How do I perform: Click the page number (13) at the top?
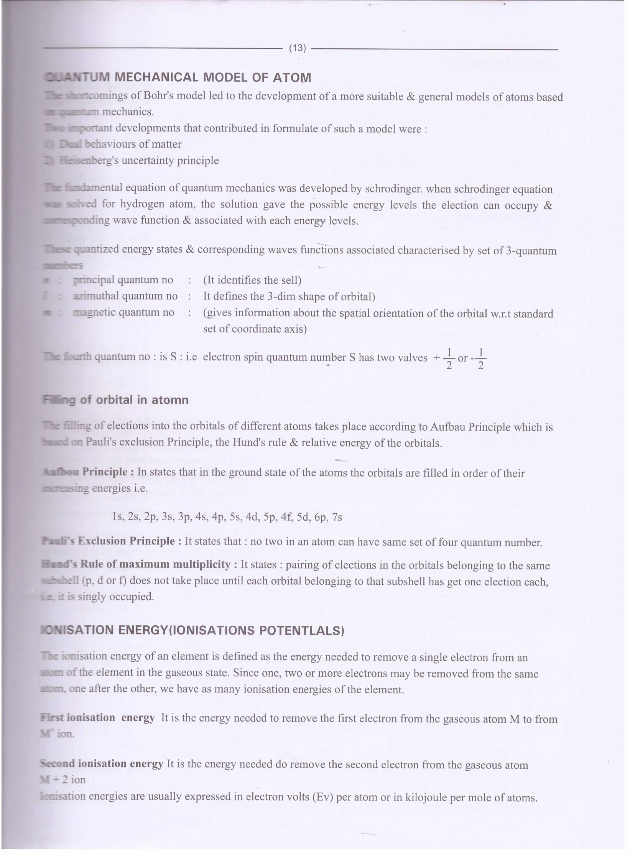[x=297, y=48]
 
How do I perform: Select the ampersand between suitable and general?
[x=410, y=97]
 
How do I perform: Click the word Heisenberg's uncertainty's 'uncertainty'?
[x=147, y=160]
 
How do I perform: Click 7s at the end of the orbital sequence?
[x=337, y=517]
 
